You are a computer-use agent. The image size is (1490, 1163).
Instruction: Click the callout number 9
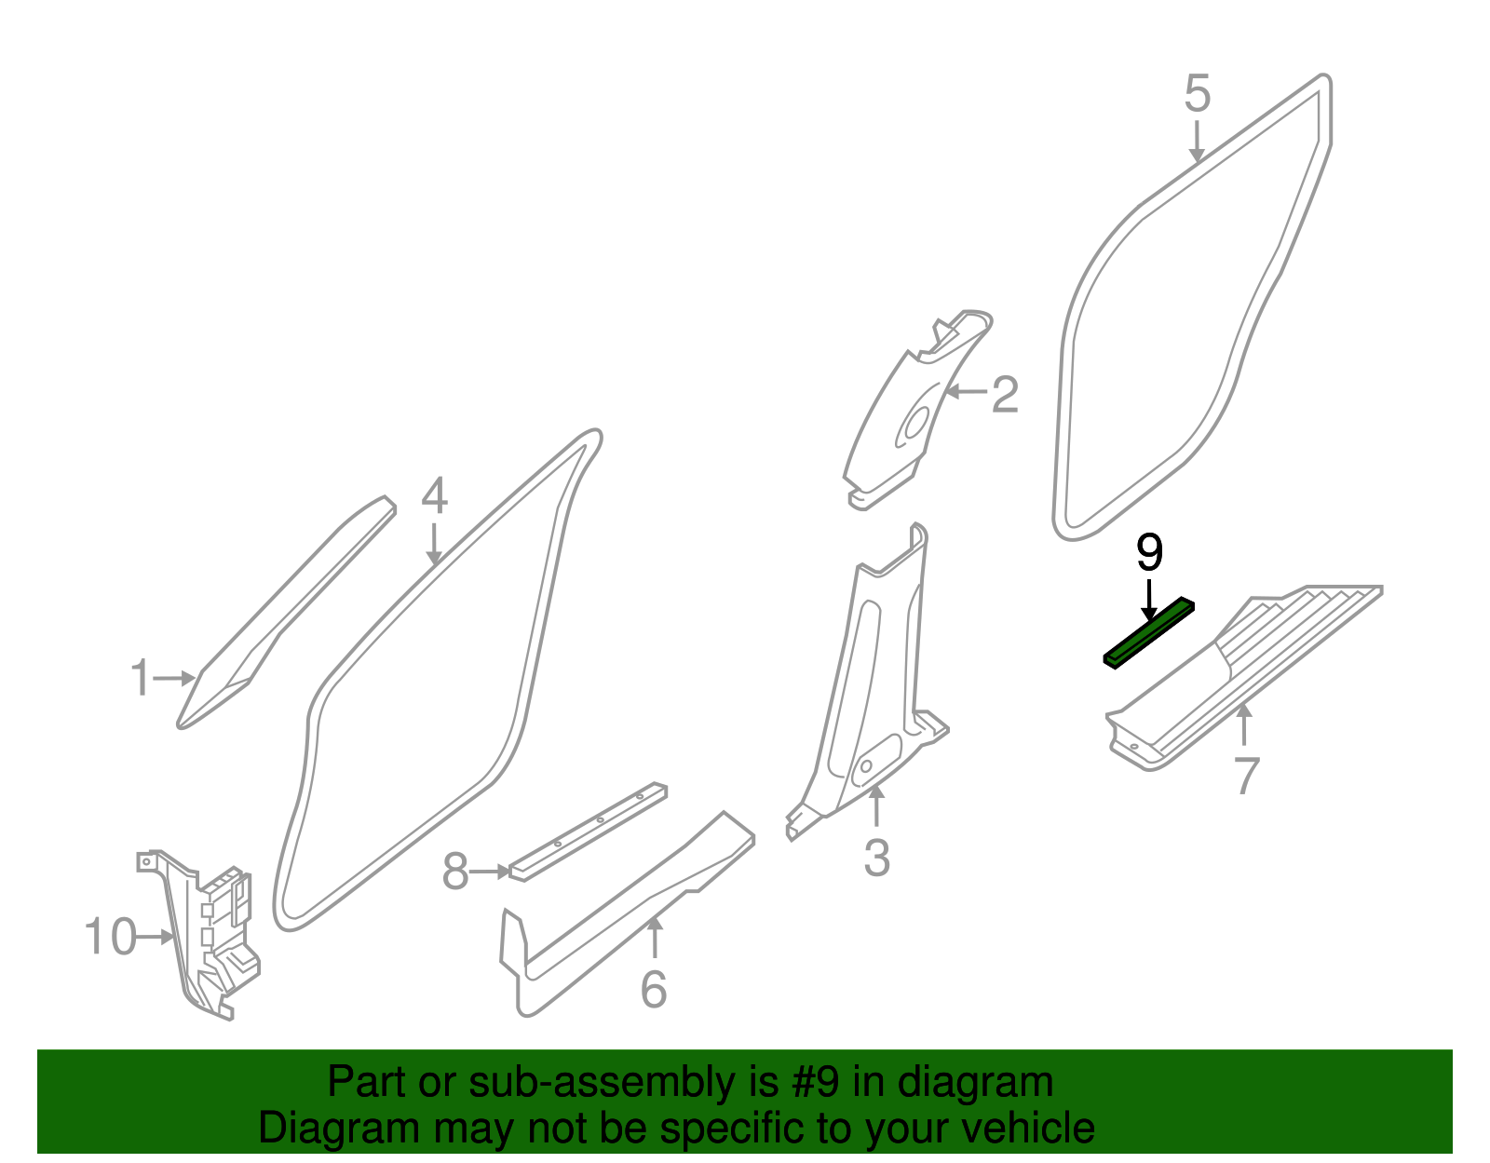tap(1149, 553)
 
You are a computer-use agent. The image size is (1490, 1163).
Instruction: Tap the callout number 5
tap(1198, 94)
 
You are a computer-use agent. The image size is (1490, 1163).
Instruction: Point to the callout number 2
tap(1005, 395)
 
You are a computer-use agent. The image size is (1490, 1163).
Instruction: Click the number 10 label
tap(110, 936)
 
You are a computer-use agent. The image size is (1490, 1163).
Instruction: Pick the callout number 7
tap(1247, 775)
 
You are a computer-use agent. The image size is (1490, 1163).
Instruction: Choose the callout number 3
tap(876, 858)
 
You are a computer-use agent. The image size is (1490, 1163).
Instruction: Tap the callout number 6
tap(654, 989)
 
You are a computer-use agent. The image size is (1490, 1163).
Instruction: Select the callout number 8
tap(454, 872)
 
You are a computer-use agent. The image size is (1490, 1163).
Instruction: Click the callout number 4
tap(434, 496)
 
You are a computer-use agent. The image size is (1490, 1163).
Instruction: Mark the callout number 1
tap(140, 678)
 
